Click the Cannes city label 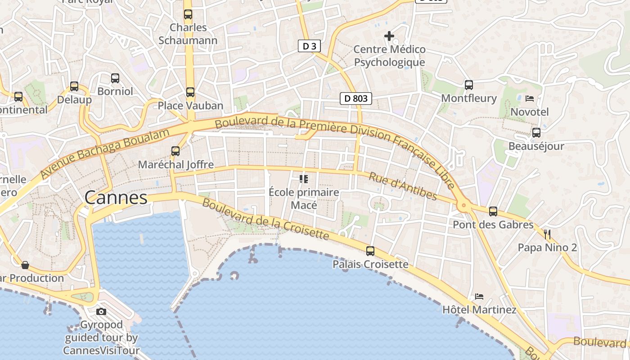tap(116, 198)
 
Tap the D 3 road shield tap(309, 46)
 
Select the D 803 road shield tap(355, 99)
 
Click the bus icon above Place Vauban tap(190, 92)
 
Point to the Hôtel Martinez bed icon tap(479, 297)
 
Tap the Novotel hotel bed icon tap(530, 98)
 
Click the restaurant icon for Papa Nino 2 tap(547, 234)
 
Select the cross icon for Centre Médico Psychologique tap(389, 36)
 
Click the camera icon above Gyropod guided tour tap(101, 311)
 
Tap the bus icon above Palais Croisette tap(370, 251)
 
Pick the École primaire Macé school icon tap(304, 179)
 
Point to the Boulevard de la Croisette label tap(265, 219)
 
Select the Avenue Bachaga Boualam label tap(105, 153)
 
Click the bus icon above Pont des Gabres tap(493, 211)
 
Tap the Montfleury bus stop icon tap(469, 85)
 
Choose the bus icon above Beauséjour tap(536, 133)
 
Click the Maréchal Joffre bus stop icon tap(175, 151)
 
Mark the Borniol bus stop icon tap(115, 78)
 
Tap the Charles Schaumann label tap(188, 34)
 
